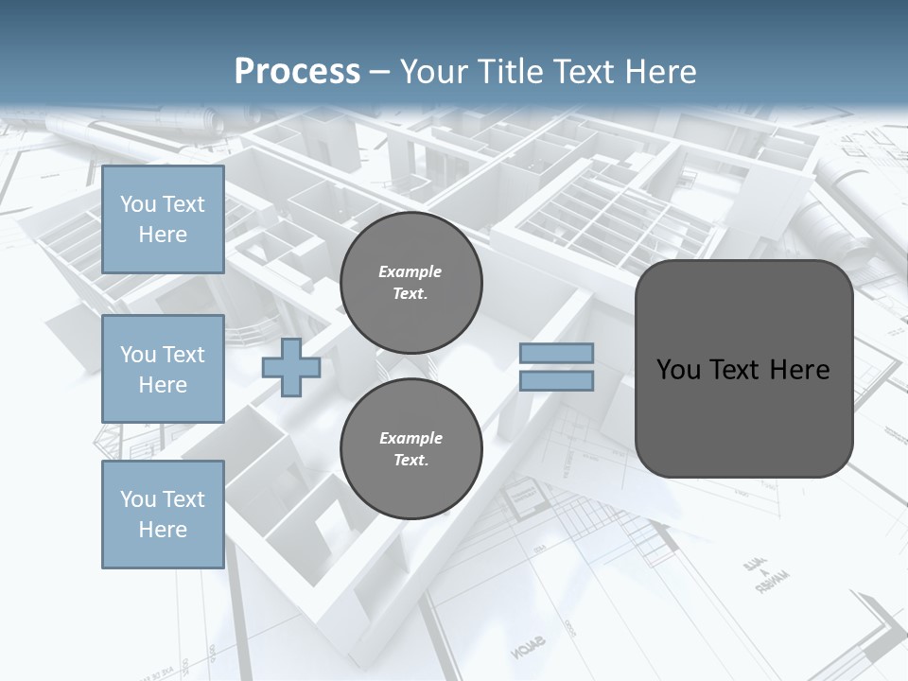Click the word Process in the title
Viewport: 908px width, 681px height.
point(297,72)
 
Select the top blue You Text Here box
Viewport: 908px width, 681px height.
point(163,219)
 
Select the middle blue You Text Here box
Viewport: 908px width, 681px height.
point(163,369)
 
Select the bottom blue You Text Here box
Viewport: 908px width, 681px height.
point(163,515)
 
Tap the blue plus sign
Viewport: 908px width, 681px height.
point(291,368)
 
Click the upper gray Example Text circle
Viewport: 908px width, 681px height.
point(411,283)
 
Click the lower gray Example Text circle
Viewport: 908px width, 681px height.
point(411,449)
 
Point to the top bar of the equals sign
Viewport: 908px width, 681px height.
point(557,354)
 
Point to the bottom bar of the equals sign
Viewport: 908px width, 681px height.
point(557,381)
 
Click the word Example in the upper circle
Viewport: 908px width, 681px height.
point(410,271)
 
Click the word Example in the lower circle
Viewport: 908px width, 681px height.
point(410,438)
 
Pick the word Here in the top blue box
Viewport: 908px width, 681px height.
point(163,235)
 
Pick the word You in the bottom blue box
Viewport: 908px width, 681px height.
point(138,499)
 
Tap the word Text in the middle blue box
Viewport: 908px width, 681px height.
point(183,355)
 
